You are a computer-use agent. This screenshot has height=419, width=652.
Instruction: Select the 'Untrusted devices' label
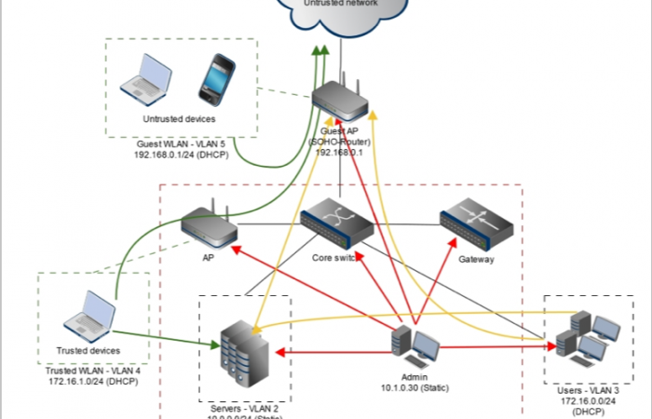tap(179, 119)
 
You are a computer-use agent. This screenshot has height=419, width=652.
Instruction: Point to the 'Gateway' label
tap(475, 260)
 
